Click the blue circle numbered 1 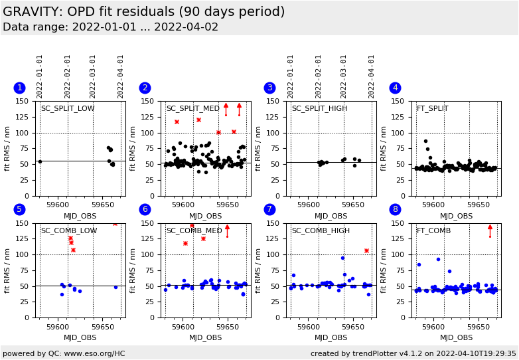point(19,88)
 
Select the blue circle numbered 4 point(395,88)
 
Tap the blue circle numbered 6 point(145,209)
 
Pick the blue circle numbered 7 point(269,209)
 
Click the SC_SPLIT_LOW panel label point(68,109)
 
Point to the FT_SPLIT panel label point(432,109)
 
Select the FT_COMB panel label point(433,230)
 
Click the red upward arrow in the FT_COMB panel point(490,230)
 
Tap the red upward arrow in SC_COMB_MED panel point(227,230)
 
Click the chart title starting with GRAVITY point(143,12)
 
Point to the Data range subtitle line point(110,27)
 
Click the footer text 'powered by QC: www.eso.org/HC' point(64,353)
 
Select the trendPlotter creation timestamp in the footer point(413,353)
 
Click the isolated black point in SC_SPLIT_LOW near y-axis point(40,161)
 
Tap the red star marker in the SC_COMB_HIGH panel point(366,250)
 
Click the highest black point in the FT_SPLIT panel point(426,141)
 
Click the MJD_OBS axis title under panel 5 point(80,337)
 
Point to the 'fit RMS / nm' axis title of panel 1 point(8,149)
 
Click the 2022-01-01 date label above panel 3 point(291,76)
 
